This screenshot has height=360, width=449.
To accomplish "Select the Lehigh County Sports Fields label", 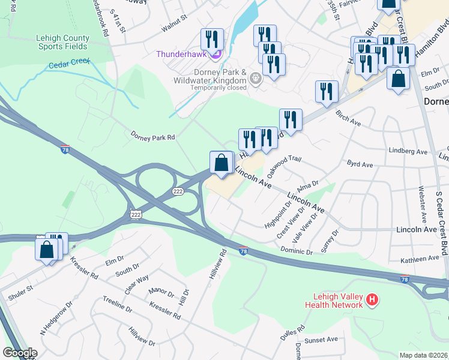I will pyautogui.click(x=63, y=42).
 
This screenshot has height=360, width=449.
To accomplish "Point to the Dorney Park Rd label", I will pyautogui.click(x=152, y=137).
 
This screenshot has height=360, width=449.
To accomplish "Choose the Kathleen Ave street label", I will pyautogui.click(x=420, y=258).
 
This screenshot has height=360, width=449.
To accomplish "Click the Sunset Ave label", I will pyautogui.click(x=321, y=340).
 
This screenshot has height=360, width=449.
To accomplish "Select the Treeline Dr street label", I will pyautogui.click(x=117, y=304).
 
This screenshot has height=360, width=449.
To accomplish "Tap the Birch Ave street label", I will pyautogui.click(x=348, y=118).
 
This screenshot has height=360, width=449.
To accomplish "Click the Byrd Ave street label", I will pyautogui.click(x=360, y=164).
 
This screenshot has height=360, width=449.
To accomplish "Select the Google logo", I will pyautogui.click(x=20, y=353).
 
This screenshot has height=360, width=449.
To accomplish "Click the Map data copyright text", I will pyautogui.click(x=424, y=355).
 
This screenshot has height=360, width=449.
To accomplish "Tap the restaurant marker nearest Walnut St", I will pyautogui.click(x=212, y=40).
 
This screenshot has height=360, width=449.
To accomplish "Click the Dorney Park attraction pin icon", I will pyautogui.click(x=256, y=78).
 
